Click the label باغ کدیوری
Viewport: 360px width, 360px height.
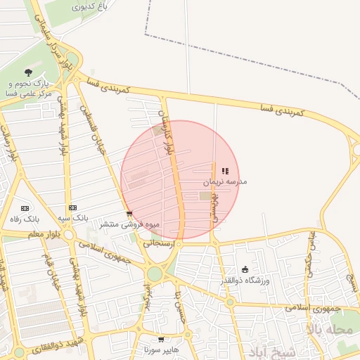point(91,6)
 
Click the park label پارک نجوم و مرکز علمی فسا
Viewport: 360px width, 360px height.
point(29,88)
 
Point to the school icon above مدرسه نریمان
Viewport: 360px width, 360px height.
point(224,171)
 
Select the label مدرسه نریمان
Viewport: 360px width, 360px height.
point(225,181)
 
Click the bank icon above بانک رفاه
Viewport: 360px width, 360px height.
point(25,208)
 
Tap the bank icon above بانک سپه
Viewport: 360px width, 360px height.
point(72,208)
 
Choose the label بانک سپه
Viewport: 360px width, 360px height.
point(72,219)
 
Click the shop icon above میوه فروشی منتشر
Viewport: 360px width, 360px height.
point(129,214)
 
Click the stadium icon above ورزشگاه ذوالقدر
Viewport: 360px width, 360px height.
point(245,269)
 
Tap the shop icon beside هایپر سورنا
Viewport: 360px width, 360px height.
point(161,340)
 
